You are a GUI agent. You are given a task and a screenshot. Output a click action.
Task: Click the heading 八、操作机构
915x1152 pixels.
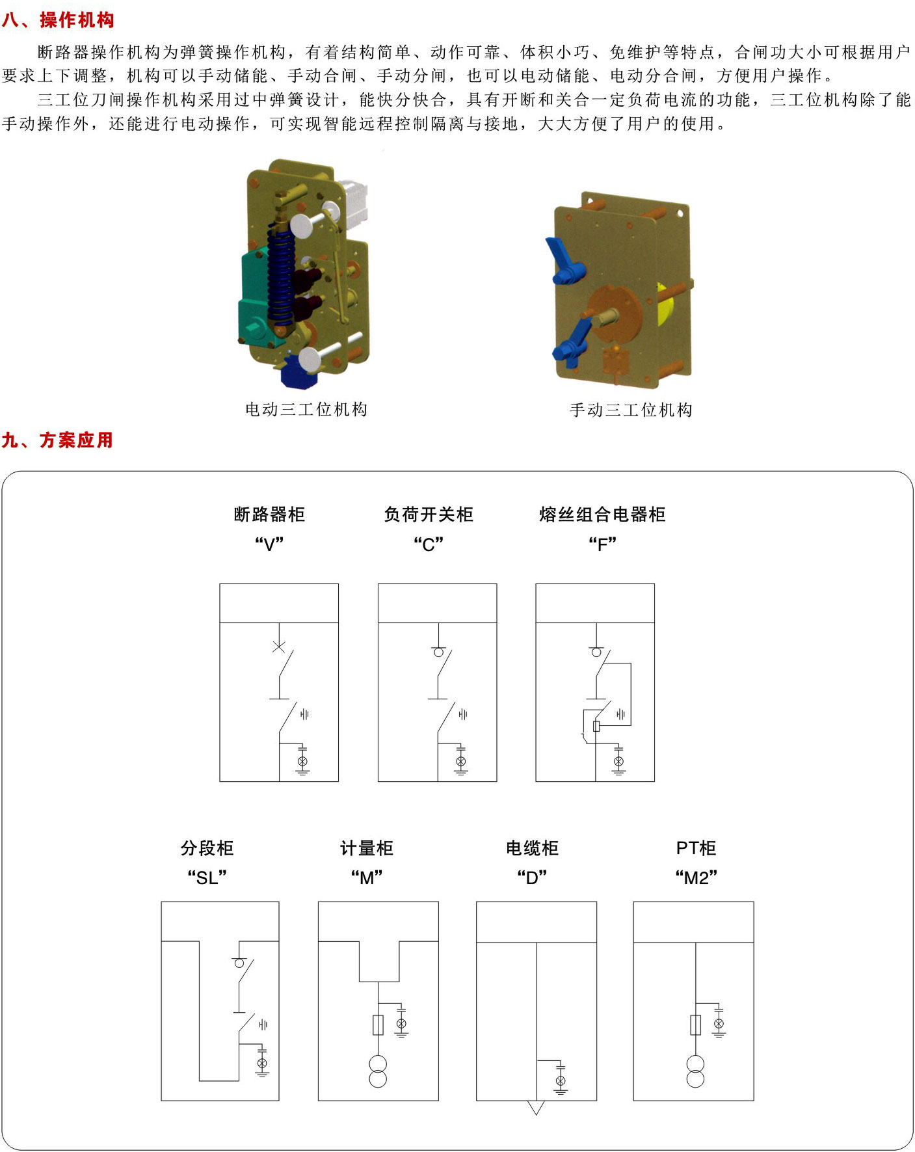58,20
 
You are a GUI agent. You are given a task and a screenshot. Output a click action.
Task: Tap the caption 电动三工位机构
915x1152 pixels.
306,409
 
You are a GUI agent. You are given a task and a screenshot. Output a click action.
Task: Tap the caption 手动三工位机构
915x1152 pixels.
631,410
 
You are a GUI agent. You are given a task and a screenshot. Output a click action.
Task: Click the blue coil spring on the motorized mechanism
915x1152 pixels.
282,276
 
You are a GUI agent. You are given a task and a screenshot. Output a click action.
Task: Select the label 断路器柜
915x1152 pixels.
269,515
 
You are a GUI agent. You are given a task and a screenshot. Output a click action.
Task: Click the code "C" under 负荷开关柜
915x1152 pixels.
429,544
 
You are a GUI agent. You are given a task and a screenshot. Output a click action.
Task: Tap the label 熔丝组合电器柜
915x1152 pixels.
602,515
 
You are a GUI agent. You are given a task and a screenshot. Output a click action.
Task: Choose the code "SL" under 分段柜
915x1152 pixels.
207,877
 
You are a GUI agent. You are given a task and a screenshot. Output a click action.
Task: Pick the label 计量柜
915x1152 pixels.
367,848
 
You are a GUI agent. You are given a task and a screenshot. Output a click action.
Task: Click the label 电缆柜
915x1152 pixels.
532,848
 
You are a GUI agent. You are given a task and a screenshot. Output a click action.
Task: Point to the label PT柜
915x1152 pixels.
696,848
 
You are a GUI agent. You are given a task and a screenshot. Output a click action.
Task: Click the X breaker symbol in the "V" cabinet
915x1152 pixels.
278,647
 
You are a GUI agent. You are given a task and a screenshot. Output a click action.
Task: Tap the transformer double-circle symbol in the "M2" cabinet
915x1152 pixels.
695,1071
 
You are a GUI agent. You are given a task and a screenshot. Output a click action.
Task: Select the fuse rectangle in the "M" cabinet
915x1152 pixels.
378,1025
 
